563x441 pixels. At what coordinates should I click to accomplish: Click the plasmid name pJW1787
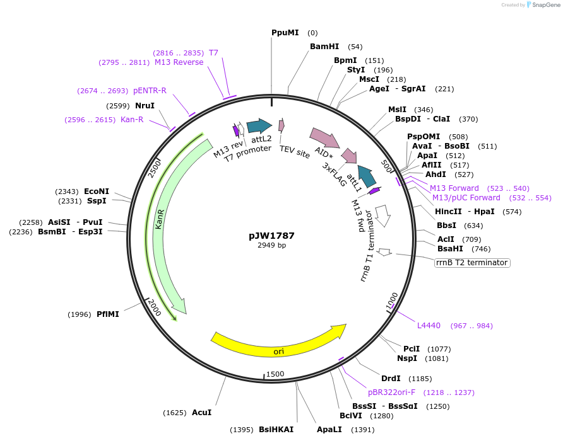271,236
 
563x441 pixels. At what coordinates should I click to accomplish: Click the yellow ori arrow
278,341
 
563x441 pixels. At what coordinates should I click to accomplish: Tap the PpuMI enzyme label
285,33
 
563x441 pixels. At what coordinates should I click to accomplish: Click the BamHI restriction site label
324,47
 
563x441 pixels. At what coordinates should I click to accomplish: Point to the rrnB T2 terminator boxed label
471,263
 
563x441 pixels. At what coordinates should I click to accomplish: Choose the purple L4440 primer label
429,326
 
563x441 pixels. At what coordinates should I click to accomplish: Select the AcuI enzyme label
201,413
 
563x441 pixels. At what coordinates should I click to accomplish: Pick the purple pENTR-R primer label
150,91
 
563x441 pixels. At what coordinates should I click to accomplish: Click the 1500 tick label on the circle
276,374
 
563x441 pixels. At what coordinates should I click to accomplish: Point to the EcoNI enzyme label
97,192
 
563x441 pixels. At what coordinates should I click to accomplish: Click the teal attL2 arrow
259,126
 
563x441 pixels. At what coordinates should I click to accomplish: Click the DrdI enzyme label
391,379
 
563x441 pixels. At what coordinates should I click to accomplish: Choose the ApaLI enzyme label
329,430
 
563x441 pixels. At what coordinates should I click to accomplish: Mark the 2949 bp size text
271,246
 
